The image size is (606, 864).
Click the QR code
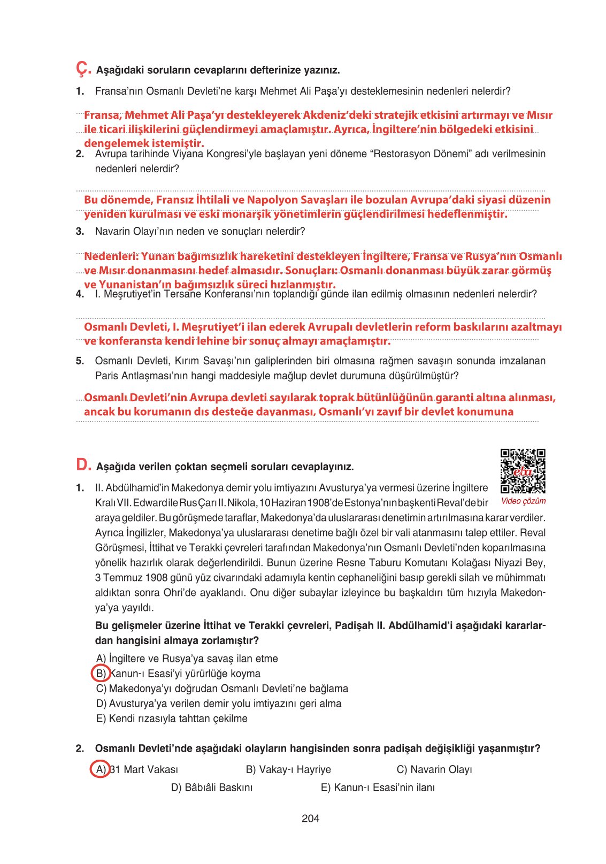pos(523,471)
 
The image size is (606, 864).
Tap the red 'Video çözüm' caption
pos(523,501)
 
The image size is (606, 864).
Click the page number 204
pos(310,818)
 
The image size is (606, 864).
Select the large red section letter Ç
pos(83,68)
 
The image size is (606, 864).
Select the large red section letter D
pos(83,464)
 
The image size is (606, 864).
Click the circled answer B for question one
pos(101,674)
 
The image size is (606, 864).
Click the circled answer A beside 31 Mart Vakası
pos(100,769)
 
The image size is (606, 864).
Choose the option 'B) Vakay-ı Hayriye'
pos(288,769)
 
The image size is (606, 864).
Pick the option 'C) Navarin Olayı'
pos(434,769)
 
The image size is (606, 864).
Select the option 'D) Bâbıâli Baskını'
pos(212,787)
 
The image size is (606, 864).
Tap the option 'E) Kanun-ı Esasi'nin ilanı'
pos(378,787)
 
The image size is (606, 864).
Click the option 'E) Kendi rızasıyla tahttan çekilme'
pos(172,718)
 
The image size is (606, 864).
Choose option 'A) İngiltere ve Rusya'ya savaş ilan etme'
pos(187,659)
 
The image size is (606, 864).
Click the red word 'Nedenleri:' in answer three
pos(111,256)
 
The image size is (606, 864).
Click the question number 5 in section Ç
pos(80,361)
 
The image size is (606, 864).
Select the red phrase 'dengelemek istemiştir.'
pos(144,143)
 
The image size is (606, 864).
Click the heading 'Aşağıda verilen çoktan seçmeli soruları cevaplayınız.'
pos(225,467)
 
